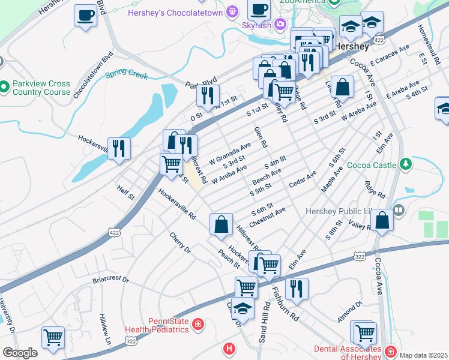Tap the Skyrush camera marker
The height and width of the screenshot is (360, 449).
coord(280,25)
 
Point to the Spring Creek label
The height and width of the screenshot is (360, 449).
coord(127,75)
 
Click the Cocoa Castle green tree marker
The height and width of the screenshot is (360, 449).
coord(406,164)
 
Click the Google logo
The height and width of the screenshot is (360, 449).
coord(20,353)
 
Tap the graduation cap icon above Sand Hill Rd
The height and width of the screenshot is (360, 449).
coord(243,308)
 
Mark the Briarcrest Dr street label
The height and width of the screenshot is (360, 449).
coord(110,280)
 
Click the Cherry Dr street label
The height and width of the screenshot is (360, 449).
coord(179,242)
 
